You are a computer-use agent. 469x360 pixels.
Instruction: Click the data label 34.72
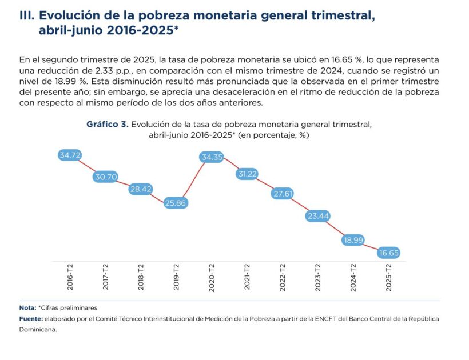tap(70, 155)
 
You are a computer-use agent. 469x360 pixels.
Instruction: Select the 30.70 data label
tap(106, 177)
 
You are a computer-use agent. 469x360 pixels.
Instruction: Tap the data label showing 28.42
tap(141, 189)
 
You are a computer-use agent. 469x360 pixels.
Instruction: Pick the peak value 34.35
tap(212, 157)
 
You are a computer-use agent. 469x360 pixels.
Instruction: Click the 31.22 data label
tap(248, 174)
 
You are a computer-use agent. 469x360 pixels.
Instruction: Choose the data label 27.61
tap(283, 194)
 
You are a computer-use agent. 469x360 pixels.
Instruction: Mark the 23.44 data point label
tap(318, 216)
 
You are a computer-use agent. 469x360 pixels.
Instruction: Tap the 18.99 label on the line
tap(353, 240)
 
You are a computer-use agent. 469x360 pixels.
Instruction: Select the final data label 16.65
tap(389, 253)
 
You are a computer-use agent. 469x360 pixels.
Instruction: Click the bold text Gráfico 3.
tap(107, 124)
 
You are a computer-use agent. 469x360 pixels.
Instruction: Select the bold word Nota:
tap(27, 308)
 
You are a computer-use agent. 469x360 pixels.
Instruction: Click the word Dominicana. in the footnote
tap(38, 329)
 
